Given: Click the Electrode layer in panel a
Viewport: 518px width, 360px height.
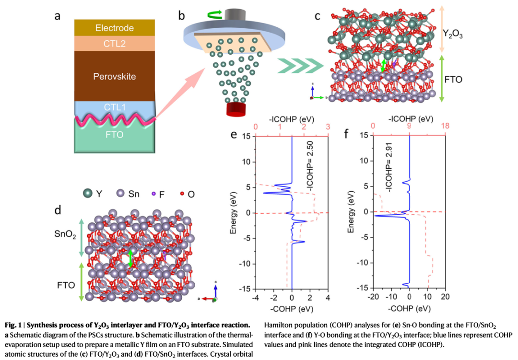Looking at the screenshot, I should [x=114, y=28].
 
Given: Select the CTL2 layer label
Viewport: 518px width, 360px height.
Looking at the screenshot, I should [x=114, y=44].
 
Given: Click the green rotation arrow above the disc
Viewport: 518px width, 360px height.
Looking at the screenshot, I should [x=214, y=16].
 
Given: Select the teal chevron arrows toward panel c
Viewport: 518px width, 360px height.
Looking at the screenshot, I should [x=299, y=65].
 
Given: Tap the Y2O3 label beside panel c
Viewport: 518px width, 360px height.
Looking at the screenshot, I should [x=453, y=34].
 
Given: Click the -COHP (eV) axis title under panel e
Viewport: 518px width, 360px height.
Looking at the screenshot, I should [x=292, y=307].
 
